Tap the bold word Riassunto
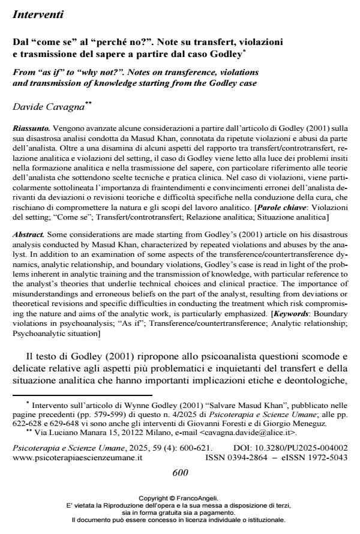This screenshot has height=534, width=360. click(x=31, y=128)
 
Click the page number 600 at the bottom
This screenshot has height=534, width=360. click(x=180, y=472)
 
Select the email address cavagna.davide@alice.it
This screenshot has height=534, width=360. click(x=246, y=432)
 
